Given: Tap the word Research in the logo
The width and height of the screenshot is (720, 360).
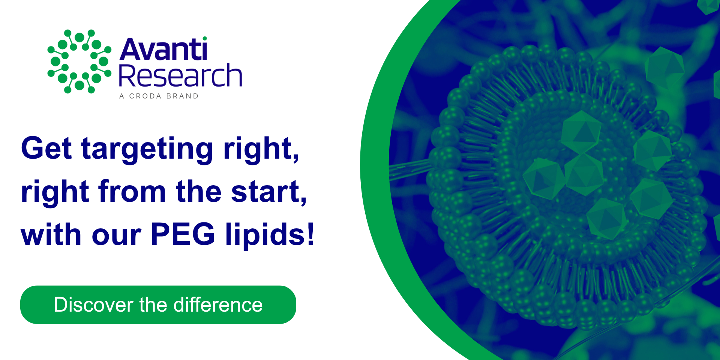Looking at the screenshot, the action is (x=180, y=75).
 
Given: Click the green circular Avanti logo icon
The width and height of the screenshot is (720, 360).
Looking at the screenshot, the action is (x=79, y=61).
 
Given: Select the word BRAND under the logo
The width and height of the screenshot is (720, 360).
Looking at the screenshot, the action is (x=182, y=96).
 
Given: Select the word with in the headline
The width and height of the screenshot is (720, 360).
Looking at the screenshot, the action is (x=51, y=234).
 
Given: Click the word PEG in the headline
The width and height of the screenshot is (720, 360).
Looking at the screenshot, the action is (x=183, y=234).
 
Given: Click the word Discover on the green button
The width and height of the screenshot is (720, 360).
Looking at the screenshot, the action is (x=93, y=304).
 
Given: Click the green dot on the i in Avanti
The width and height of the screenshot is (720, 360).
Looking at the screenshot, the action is (x=204, y=38).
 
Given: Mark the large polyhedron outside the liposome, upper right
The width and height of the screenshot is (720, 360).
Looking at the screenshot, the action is (x=664, y=67).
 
